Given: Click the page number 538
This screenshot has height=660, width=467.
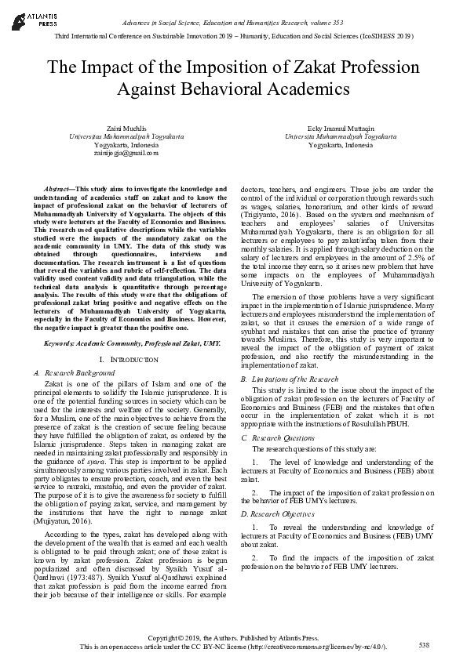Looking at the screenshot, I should pos(425,644).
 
